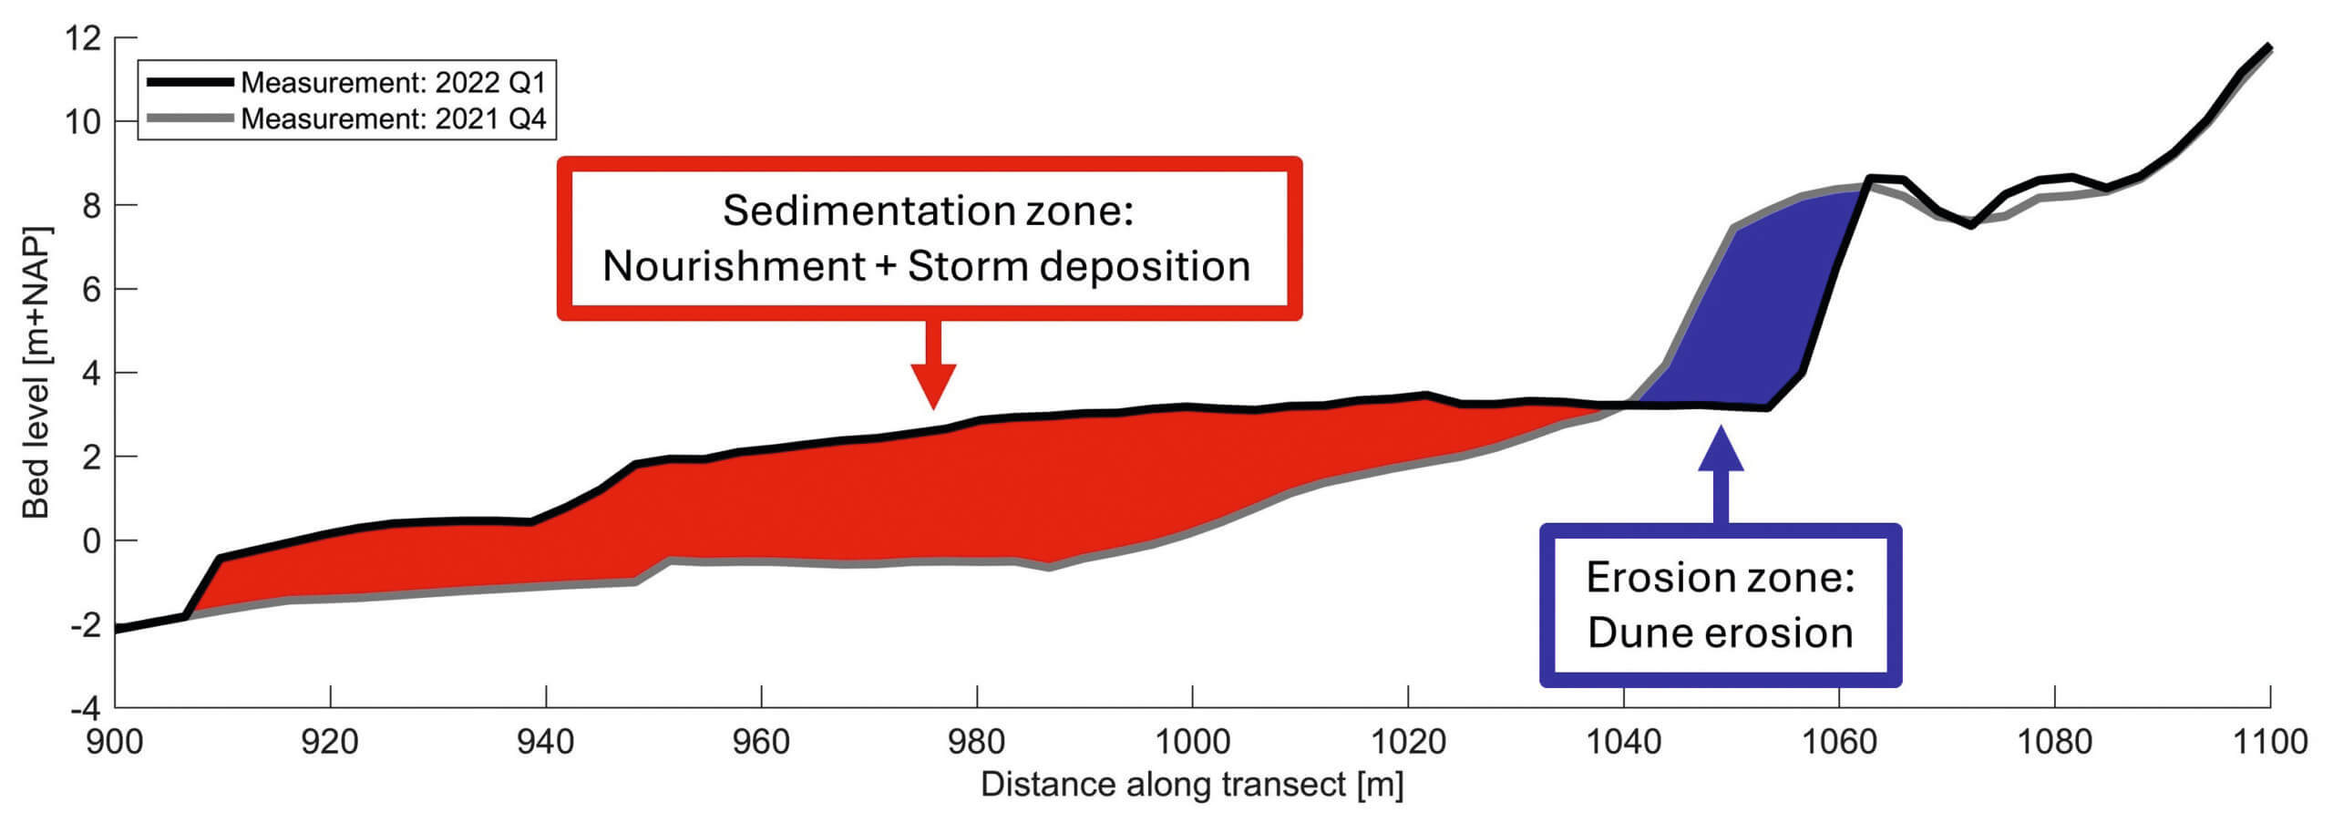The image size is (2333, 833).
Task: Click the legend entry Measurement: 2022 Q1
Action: pyautogui.click(x=393, y=83)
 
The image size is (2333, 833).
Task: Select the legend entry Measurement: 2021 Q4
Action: pyautogui.click(x=393, y=118)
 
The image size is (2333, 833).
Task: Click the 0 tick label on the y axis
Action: pyautogui.click(x=91, y=540)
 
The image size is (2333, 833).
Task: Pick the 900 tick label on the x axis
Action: pyautogui.click(x=115, y=742)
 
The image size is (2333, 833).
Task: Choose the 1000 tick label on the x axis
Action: pyautogui.click(x=1192, y=742)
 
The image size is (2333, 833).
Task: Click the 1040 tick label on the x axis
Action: pyautogui.click(x=1623, y=742)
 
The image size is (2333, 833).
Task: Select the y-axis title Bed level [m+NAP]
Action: pyautogui.click(x=36, y=373)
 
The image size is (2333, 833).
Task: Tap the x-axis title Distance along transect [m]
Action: pyautogui.click(x=1192, y=785)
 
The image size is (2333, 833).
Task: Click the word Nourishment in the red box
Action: pyautogui.click(x=734, y=267)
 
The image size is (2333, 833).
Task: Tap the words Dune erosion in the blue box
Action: pyautogui.click(x=1720, y=633)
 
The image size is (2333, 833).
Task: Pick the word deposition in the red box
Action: pyautogui.click(x=1145, y=267)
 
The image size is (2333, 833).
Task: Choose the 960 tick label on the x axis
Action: pyautogui.click(x=761, y=742)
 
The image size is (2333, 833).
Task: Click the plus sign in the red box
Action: pyautogui.click(x=885, y=267)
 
